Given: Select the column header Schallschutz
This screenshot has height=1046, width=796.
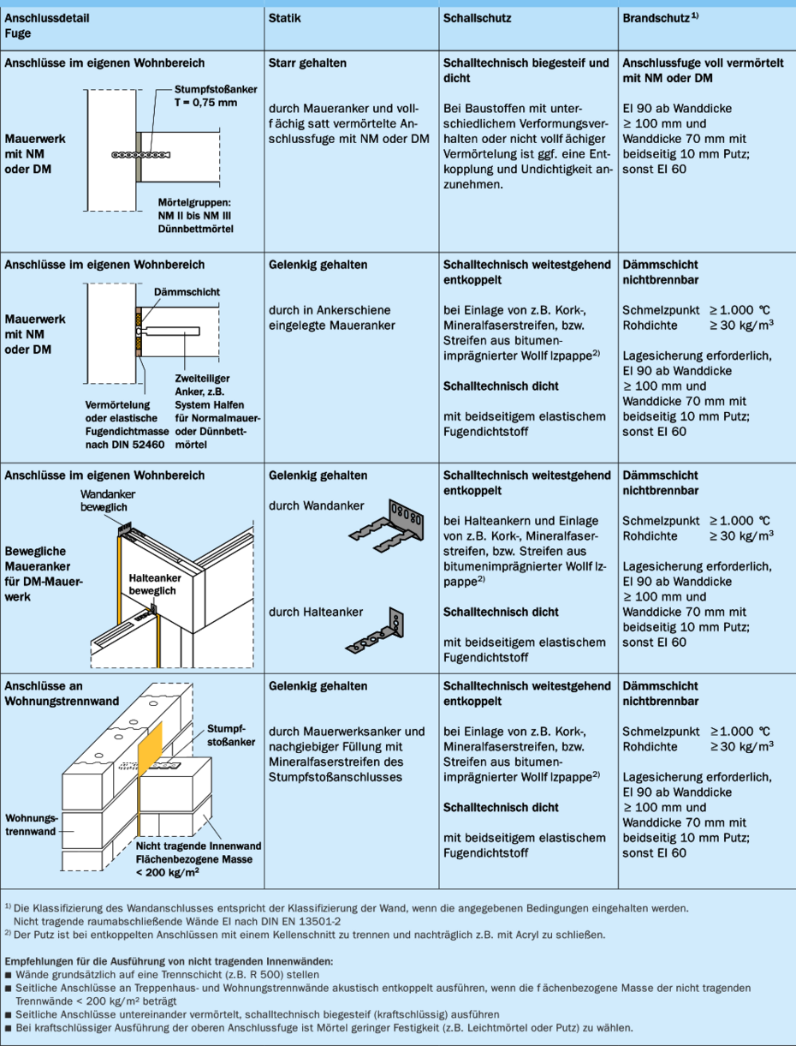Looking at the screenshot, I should click(x=475, y=18).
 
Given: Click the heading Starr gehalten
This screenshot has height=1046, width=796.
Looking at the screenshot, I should click(x=307, y=63).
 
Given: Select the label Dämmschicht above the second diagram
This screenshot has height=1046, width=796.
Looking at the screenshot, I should click(x=187, y=292).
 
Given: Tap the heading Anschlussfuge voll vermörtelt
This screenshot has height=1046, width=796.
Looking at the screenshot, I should click(x=699, y=63).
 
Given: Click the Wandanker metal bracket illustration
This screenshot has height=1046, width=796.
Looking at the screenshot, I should click(x=386, y=522).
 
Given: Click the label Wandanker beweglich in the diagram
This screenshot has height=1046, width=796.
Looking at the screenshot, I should click(x=108, y=501).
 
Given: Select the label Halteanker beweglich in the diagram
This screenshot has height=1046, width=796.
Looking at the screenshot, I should click(x=152, y=585).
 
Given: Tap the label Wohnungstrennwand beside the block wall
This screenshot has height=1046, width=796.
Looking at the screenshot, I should click(x=32, y=825).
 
